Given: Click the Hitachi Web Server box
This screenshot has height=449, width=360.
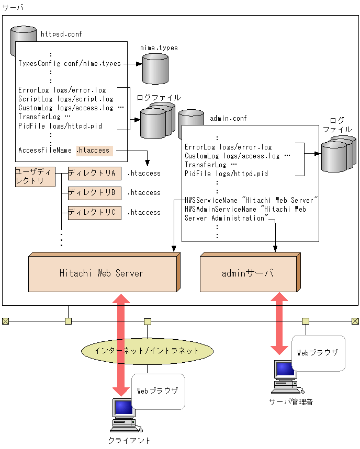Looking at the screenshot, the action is pos(104,272).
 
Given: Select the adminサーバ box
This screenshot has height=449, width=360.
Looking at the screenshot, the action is pos(250,272).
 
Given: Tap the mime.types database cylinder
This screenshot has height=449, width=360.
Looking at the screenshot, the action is pos(155,68).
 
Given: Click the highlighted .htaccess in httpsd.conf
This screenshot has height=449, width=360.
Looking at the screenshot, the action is pos(95,151).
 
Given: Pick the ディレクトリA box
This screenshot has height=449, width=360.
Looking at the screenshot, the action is pos(95,174).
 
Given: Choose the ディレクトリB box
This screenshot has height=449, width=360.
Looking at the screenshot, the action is pos(95,193).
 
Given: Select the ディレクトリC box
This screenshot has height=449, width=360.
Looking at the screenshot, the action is pos(95,213).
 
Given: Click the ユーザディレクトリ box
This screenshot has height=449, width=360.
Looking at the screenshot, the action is pos(35,177).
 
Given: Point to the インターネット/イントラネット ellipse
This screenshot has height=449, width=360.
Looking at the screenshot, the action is pos(148,351).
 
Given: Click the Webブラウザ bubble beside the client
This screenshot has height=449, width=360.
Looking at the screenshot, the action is pos(158,392).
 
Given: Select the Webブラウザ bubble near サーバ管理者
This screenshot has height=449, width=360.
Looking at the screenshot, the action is pos(319,353).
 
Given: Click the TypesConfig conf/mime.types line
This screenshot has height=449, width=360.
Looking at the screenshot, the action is pos(70,64).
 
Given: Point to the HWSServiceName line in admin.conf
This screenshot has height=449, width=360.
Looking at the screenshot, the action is pos(251,200).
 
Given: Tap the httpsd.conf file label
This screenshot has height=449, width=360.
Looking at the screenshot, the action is pos(61,34).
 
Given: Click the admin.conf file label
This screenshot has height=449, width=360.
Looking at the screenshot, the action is pos(228,118).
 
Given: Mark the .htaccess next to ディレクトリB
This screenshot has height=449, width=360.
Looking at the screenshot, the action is pos(144,193).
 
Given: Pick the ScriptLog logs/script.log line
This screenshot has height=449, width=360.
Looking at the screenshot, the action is pos(66,99).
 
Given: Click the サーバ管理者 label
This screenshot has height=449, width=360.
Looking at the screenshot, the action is pos(291,402).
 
